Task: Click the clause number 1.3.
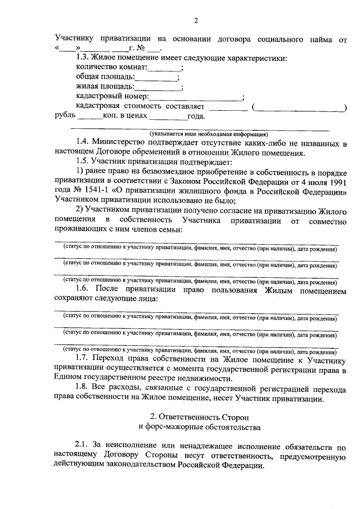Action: (x=83, y=58)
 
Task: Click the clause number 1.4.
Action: (x=83, y=143)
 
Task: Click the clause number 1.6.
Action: (x=83, y=289)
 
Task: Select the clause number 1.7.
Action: (x=83, y=358)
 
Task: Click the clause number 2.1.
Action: (x=83, y=447)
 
